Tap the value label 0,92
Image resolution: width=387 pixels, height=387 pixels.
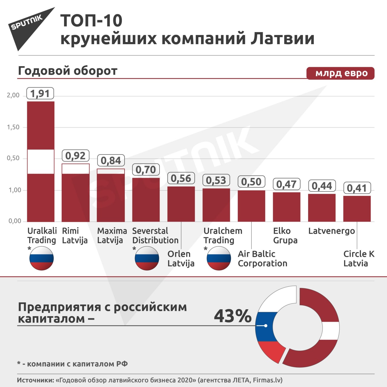[x=76, y=156]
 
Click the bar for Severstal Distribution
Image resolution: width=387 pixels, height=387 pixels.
[x=146, y=200]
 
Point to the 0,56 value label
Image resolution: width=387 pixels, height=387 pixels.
[x=181, y=178]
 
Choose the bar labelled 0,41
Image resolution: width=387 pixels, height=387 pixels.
[x=357, y=209]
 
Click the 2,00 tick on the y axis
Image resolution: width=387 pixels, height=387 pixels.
[x=13, y=95]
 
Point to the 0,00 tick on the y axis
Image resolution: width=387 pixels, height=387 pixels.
[x=15, y=221]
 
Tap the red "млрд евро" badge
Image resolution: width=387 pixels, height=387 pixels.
[x=340, y=73]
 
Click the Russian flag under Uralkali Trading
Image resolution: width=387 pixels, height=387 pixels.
[x=41, y=259]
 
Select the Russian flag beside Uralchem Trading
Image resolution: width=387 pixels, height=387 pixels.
[x=219, y=259]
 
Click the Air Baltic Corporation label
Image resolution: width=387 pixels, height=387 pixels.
[x=262, y=259]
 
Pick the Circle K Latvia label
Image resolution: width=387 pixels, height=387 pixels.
[x=359, y=259]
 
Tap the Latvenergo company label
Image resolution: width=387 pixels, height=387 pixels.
[x=331, y=231]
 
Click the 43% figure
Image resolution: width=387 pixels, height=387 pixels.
[x=233, y=316]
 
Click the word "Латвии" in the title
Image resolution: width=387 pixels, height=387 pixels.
[x=282, y=39]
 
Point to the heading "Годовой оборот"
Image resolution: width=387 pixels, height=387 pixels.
[x=67, y=71]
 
